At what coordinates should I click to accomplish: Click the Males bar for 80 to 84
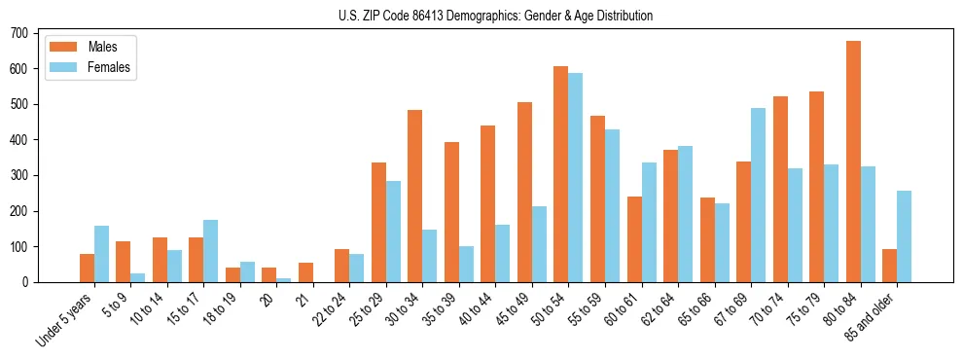point(853,162)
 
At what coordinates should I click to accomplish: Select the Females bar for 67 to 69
point(759,195)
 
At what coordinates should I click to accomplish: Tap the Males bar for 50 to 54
point(561,174)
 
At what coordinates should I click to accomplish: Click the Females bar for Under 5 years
point(102,254)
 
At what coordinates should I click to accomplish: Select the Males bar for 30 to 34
point(415,196)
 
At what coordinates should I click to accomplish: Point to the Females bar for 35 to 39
point(467,264)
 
